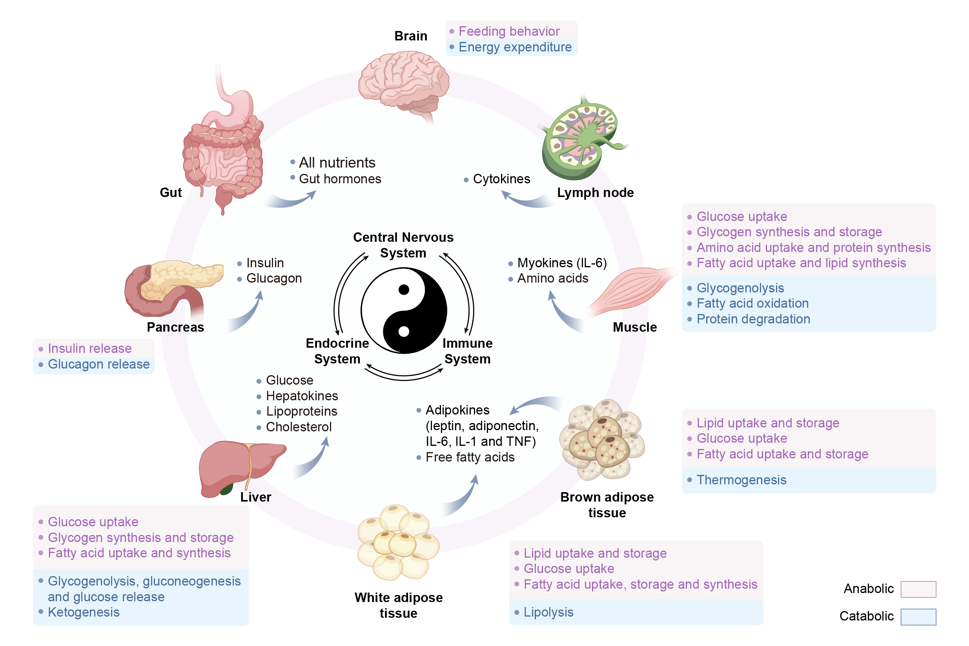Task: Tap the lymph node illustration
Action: click(581, 138)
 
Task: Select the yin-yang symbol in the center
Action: click(404, 310)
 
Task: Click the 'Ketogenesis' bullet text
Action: click(84, 612)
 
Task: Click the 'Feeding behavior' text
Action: click(508, 31)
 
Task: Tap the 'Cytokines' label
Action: click(501, 179)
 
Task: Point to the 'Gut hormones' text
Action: click(340, 179)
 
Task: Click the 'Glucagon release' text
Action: click(98, 364)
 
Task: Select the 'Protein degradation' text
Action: click(753, 319)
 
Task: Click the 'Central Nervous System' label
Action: click(403, 245)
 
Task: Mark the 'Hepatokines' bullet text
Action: click(301, 396)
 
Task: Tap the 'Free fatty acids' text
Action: click(470, 457)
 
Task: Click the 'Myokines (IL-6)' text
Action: click(562, 263)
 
